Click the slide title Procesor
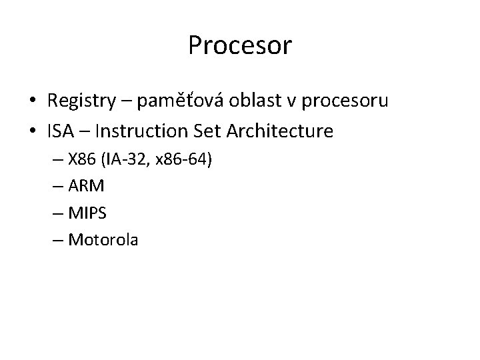[240, 45]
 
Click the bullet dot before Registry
[31, 102]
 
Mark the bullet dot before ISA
[31, 132]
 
